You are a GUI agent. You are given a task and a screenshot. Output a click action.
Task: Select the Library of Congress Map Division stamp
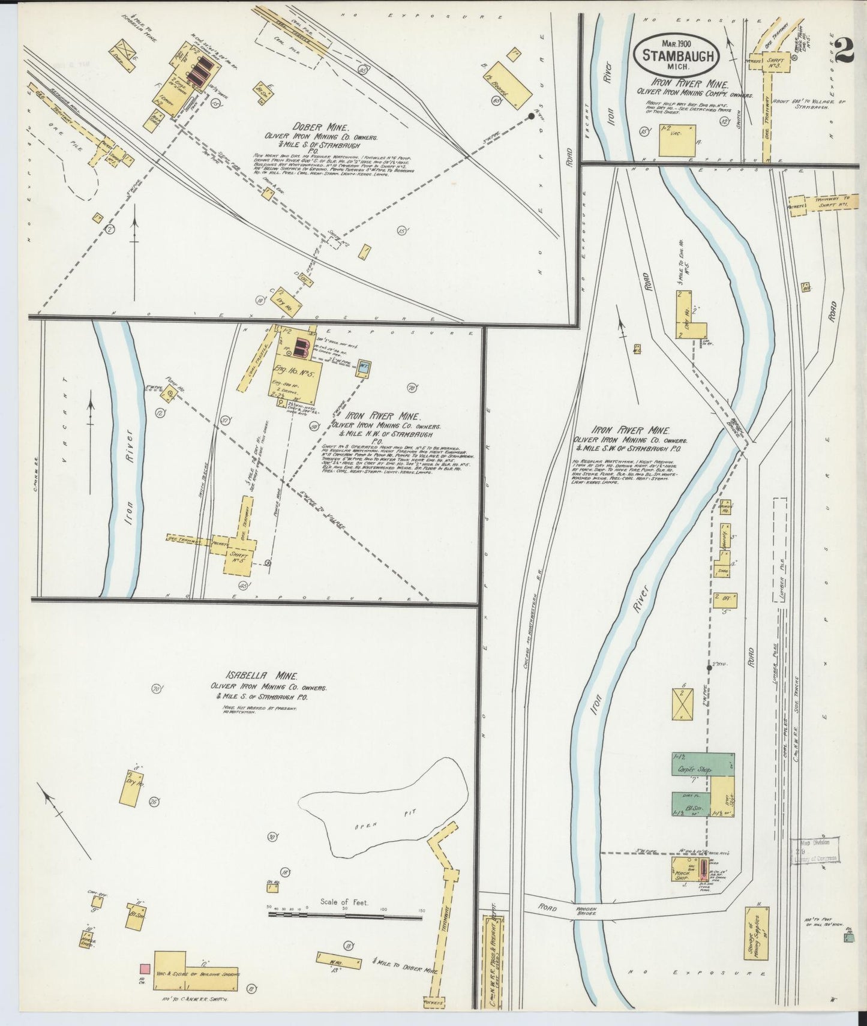815,851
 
